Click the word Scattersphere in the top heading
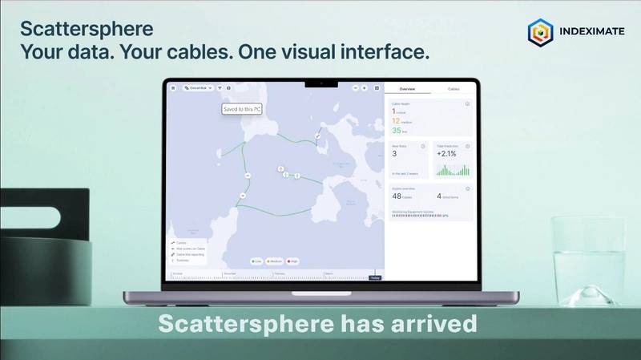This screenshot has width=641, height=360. click(87, 30)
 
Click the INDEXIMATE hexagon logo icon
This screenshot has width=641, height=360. click(541, 33)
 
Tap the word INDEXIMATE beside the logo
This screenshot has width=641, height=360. click(593, 34)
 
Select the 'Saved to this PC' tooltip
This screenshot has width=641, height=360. click(241, 110)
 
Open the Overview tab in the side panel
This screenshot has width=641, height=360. click(407, 89)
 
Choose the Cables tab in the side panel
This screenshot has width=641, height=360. click(454, 89)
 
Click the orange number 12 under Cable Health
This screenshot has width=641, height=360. click(397, 120)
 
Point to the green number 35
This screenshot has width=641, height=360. click(397, 131)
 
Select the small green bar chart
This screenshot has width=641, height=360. click(451, 170)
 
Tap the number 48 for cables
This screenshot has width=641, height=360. click(397, 196)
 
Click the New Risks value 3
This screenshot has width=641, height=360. click(394, 153)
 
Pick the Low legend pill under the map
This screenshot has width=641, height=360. click(256, 261)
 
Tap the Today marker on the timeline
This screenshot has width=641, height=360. click(374, 277)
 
